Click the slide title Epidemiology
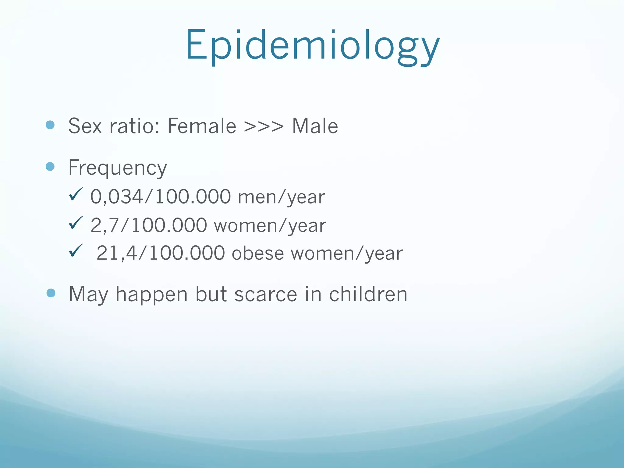pyautogui.click(x=312, y=46)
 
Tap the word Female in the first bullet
pyautogui.click(x=202, y=126)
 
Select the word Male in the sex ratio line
pyautogui.click(x=315, y=126)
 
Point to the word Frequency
pyautogui.click(x=118, y=168)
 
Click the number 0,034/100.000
pyautogui.click(x=161, y=197)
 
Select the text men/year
pyautogui.click(x=281, y=197)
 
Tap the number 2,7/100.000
pyautogui.click(x=149, y=225)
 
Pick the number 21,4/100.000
pyautogui.click(x=161, y=253)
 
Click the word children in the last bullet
pyautogui.click(x=368, y=294)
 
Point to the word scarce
pyautogui.click(x=266, y=294)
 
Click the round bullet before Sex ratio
pyautogui.click(x=50, y=125)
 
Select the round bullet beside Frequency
pyautogui.click(x=50, y=166)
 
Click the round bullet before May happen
pyautogui.click(x=51, y=293)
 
